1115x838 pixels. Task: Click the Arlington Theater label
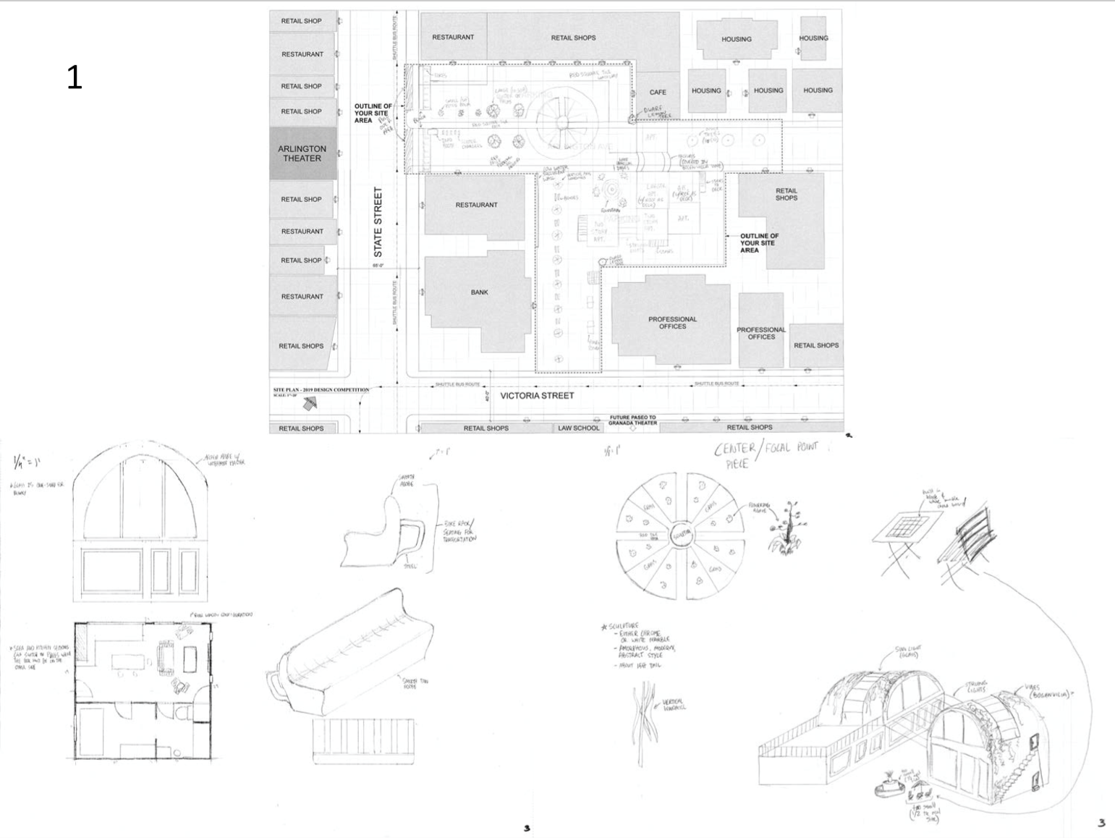click(302, 153)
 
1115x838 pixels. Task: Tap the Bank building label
click(479, 292)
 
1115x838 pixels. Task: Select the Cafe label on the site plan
click(658, 92)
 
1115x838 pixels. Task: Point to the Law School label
click(578, 428)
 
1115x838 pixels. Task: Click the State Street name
click(378, 222)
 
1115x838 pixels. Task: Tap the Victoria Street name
click(537, 396)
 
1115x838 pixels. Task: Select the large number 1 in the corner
click(75, 77)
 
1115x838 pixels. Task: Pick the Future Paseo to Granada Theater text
click(632, 420)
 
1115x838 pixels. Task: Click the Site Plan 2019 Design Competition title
click(321, 390)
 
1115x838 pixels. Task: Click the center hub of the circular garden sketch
click(681, 536)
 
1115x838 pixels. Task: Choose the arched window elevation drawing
click(141, 528)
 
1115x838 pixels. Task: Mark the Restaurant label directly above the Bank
click(476, 205)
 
